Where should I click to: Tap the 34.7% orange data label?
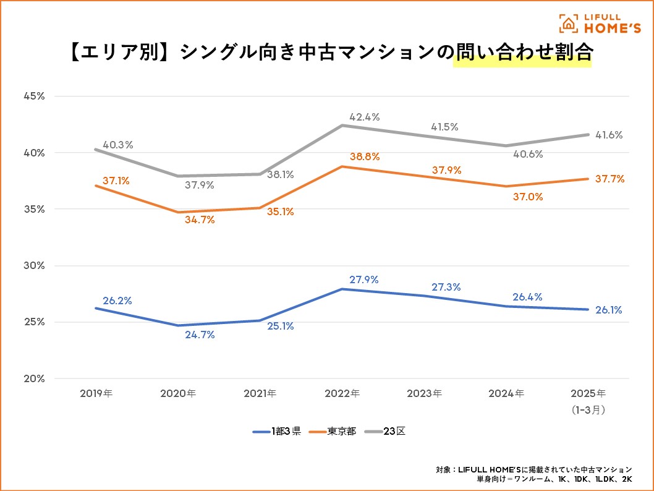pyautogui.click(x=200, y=220)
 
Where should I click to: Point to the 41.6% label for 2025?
pyautogui.click(x=609, y=135)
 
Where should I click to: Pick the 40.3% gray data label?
pyautogui.click(x=117, y=145)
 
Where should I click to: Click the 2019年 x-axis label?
pyautogui.click(x=97, y=393)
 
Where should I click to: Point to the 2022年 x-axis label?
pyautogui.click(x=342, y=393)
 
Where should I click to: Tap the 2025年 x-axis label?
pyautogui.click(x=588, y=393)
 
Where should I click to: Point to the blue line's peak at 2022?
pyautogui.click(x=342, y=289)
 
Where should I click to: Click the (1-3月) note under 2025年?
pyautogui.click(x=588, y=409)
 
